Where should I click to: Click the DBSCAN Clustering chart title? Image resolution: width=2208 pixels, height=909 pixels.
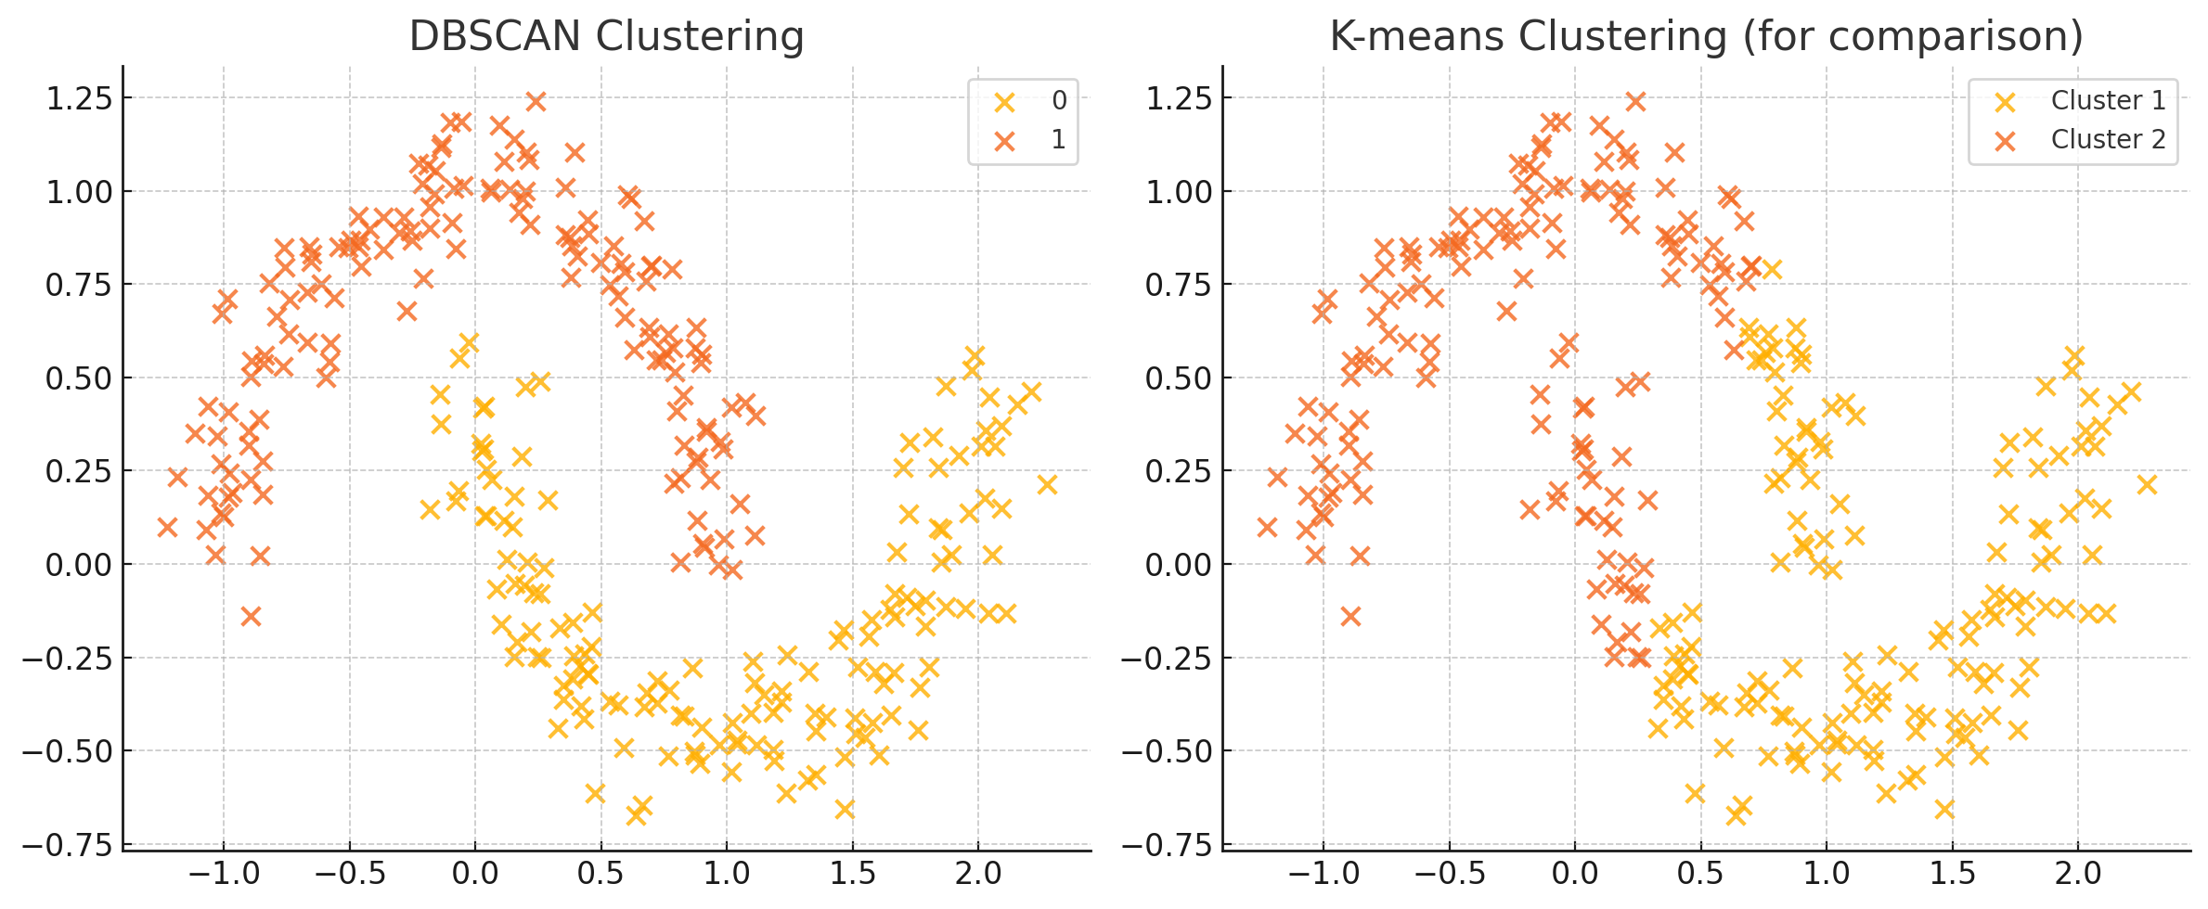pos(606,37)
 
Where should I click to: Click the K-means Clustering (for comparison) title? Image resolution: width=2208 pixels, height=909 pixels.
pos(1706,37)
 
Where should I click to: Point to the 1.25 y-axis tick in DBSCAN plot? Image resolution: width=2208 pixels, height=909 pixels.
pos(79,98)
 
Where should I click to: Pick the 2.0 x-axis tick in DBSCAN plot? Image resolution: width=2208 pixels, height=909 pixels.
pos(978,874)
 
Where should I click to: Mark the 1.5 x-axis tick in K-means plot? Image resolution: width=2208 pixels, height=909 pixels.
pos(1952,874)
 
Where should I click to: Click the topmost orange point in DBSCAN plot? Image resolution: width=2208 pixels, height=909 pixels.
pos(536,101)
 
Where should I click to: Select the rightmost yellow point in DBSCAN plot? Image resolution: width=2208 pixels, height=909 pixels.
pos(1047,484)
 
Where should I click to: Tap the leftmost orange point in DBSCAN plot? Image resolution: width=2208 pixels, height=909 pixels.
pos(167,527)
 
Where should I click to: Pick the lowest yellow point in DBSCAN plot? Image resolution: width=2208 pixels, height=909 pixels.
pos(636,815)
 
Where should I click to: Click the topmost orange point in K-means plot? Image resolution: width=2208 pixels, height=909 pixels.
pos(1635,101)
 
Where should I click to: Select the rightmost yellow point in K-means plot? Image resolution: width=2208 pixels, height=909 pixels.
pos(2147,484)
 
